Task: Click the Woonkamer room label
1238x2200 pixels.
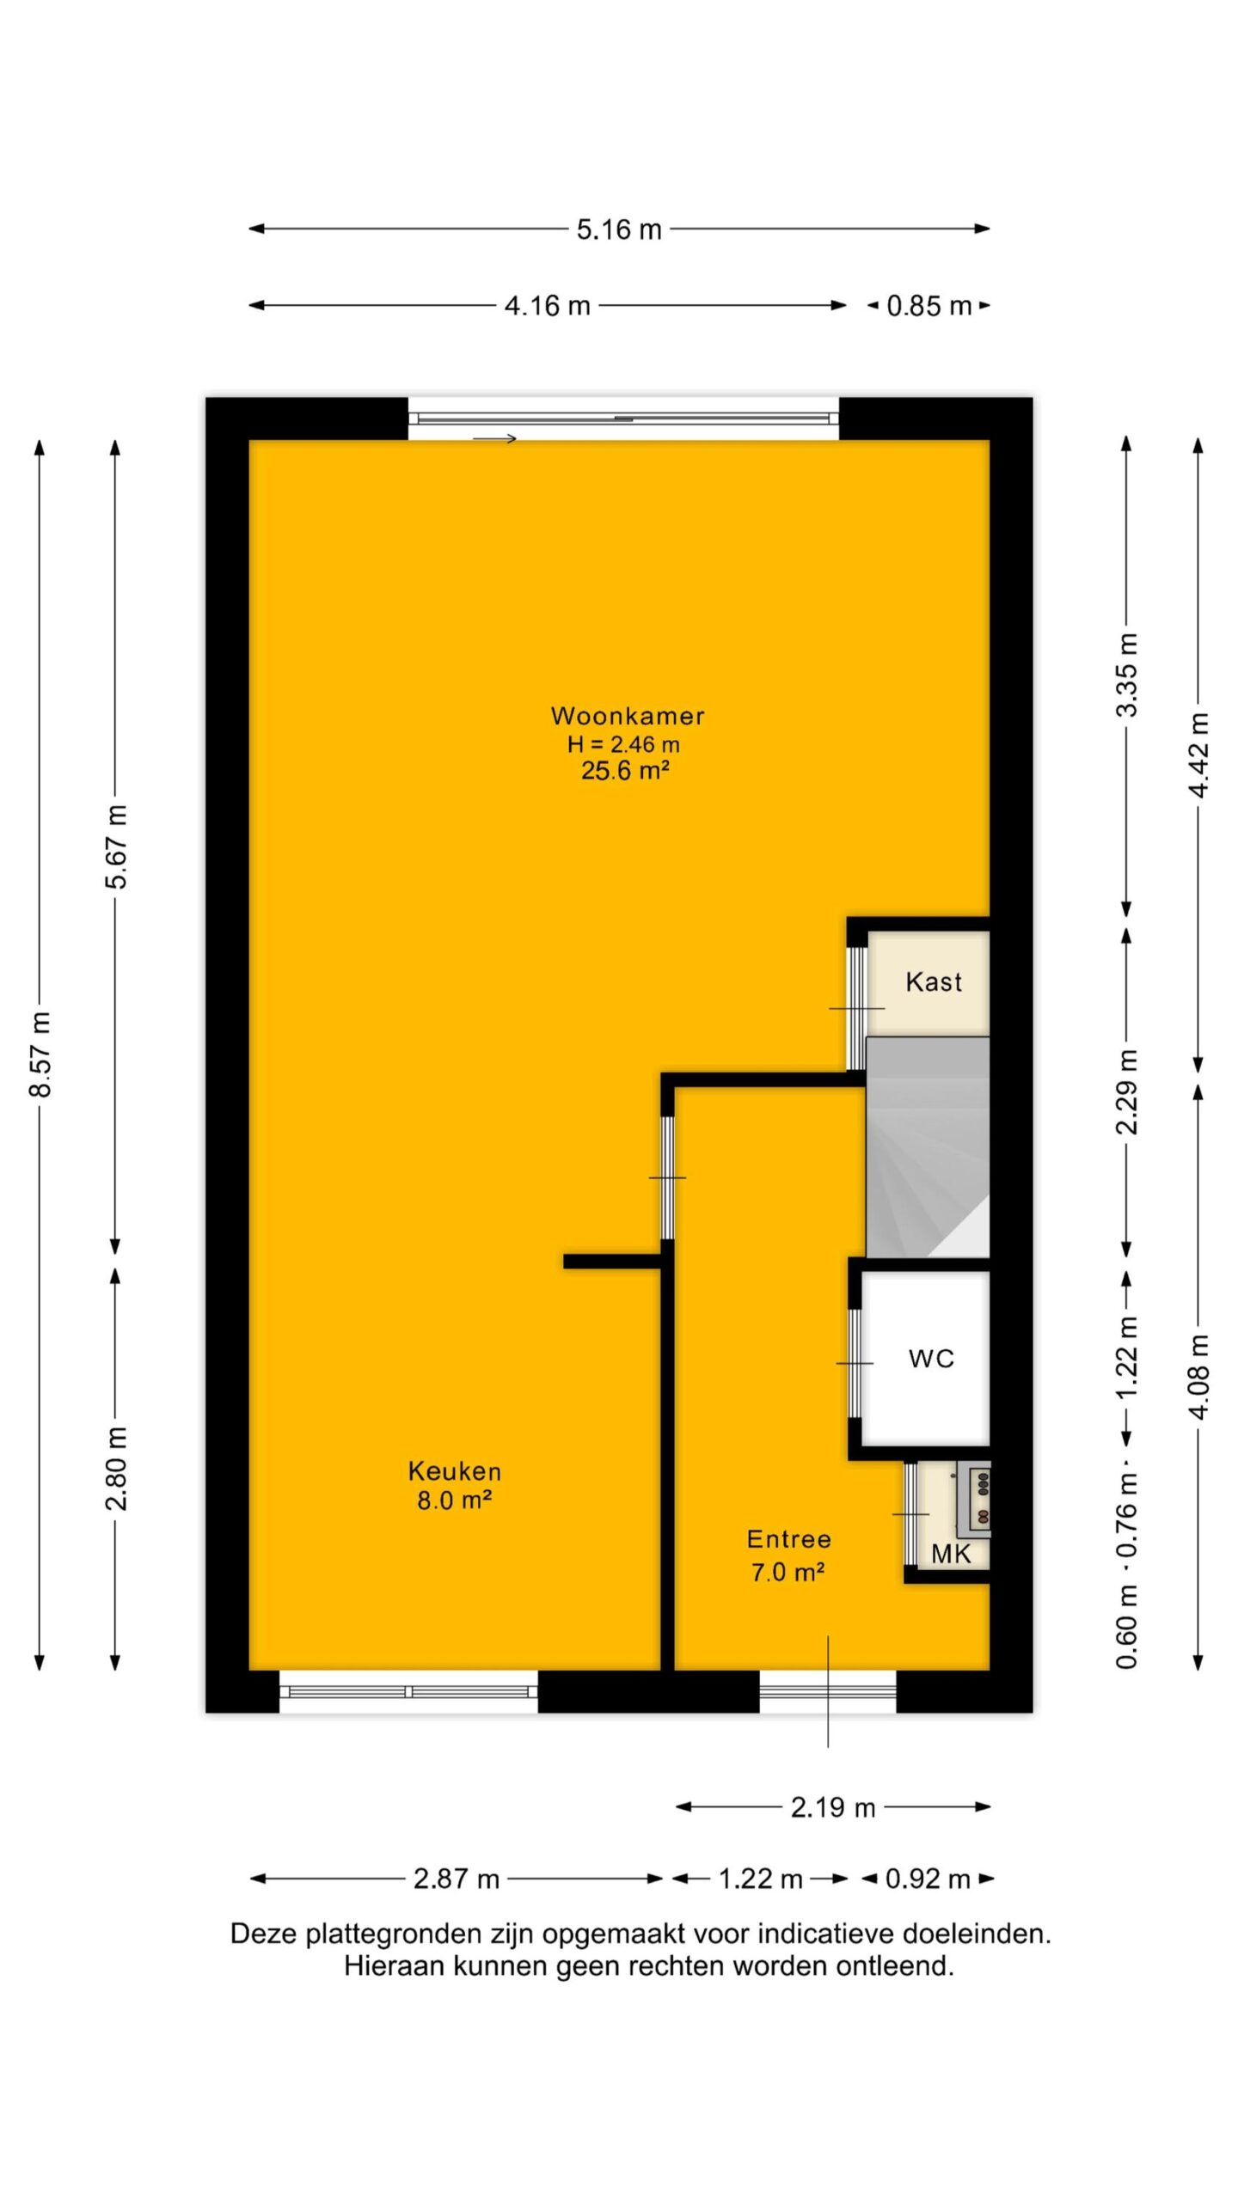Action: (627, 715)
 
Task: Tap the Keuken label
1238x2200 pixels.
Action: (454, 1470)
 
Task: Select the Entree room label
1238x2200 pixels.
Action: (788, 1538)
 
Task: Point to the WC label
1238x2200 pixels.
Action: (931, 1359)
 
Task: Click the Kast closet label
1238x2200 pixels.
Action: (934, 981)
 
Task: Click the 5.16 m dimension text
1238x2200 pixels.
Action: (619, 229)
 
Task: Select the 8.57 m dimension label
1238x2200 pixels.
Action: (41, 1055)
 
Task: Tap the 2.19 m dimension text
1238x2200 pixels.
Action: (833, 1808)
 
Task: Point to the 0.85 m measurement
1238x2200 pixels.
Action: (929, 306)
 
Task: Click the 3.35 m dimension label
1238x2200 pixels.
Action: (1127, 675)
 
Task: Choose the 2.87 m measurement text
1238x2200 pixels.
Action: (457, 1879)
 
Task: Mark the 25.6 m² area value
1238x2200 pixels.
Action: (625, 770)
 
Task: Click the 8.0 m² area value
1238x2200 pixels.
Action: (454, 1500)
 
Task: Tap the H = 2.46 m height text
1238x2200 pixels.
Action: (623, 744)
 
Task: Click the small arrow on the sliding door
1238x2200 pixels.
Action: (494, 439)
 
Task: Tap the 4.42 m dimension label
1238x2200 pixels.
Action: (1199, 755)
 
